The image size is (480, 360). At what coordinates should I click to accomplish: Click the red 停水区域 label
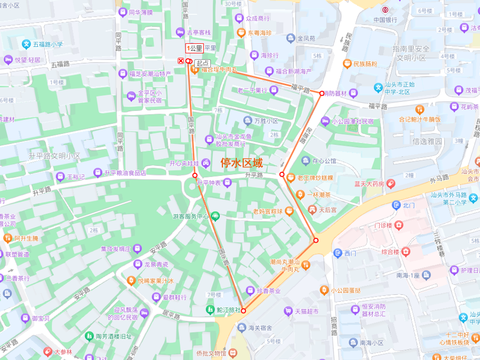click(242, 163)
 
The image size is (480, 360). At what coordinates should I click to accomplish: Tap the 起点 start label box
click(202, 63)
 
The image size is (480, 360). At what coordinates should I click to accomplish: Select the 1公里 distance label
click(195, 49)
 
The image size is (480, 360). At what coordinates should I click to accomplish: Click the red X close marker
click(181, 61)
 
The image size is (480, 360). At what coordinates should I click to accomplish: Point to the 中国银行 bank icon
click(385, 10)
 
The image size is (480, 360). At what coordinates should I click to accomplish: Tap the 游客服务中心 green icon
click(215, 216)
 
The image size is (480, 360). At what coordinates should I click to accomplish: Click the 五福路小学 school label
click(42, 44)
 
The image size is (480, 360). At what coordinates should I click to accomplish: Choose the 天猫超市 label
click(306, 311)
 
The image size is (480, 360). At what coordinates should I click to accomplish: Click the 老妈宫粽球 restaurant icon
click(289, 211)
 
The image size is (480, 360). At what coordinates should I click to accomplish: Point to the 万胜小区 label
click(266, 121)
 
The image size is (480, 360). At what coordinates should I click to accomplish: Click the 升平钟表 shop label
click(210, 183)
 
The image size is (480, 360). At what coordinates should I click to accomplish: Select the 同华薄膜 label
click(140, 12)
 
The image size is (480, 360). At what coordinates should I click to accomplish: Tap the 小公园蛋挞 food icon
click(324, 290)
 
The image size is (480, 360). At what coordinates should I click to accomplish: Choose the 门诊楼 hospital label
click(383, 226)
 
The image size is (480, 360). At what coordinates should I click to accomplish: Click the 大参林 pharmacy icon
click(48, 352)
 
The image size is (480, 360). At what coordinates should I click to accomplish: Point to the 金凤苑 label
click(306, 38)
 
